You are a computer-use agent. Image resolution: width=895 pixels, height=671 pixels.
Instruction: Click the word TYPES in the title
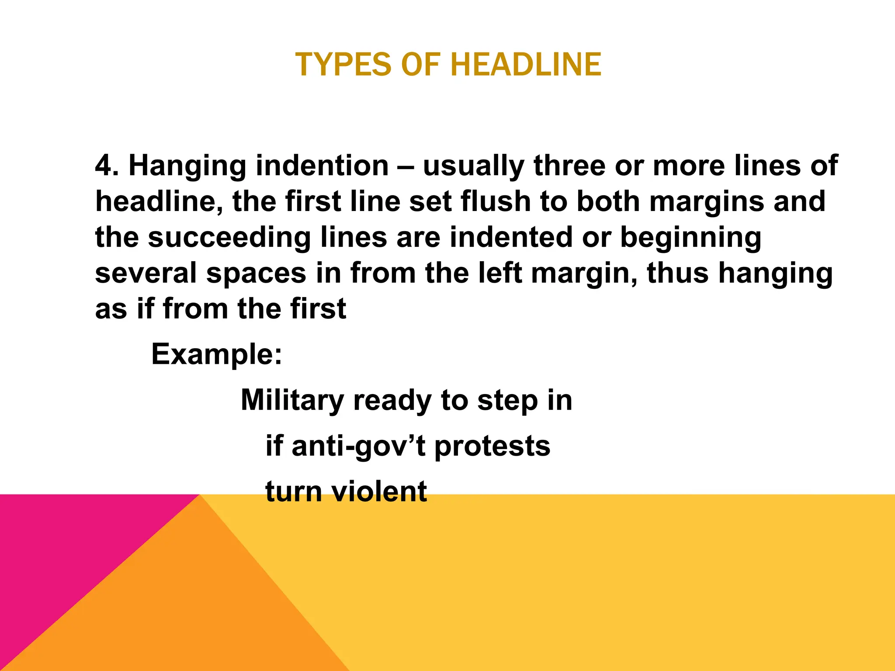tap(343, 65)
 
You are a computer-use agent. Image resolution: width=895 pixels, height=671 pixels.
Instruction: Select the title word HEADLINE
tap(526, 65)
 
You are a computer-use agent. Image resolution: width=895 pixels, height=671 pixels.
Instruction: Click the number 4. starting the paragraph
tap(107, 166)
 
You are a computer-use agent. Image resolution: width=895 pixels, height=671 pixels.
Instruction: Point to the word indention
tap(322, 166)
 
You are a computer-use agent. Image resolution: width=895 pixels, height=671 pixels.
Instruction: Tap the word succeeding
tap(229, 238)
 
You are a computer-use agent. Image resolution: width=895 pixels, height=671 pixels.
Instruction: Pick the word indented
tap(511, 237)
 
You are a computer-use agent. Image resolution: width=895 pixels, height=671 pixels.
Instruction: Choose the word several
tap(146, 273)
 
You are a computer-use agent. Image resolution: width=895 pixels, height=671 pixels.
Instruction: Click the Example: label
tap(217, 354)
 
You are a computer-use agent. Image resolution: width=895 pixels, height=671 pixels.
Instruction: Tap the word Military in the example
tap(292, 401)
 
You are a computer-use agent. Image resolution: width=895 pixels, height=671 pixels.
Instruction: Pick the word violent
tap(378, 491)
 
